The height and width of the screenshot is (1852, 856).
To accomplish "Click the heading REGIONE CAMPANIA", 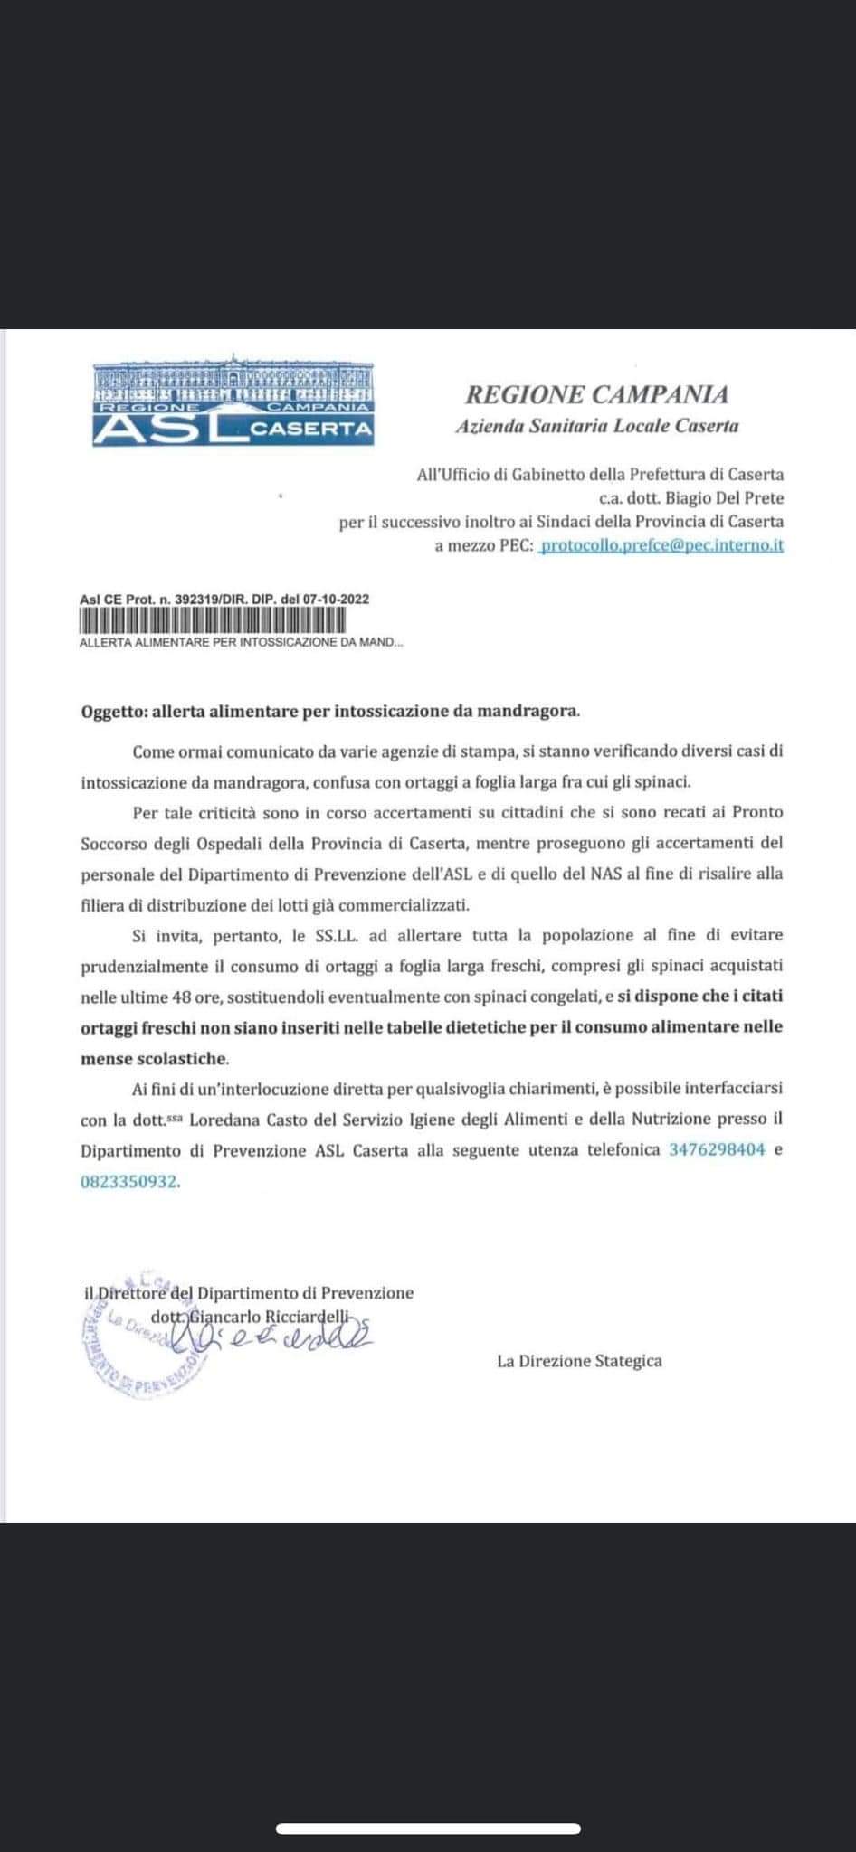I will click(596, 394).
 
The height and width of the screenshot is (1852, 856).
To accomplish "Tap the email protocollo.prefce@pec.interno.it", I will click(661, 545).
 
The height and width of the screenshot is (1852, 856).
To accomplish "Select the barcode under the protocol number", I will click(213, 621).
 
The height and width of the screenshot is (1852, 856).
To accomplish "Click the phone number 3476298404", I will click(717, 1150).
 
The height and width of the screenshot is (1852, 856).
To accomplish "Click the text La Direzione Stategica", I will click(579, 1360).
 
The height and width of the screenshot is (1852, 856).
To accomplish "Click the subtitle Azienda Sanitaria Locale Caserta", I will click(596, 425).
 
